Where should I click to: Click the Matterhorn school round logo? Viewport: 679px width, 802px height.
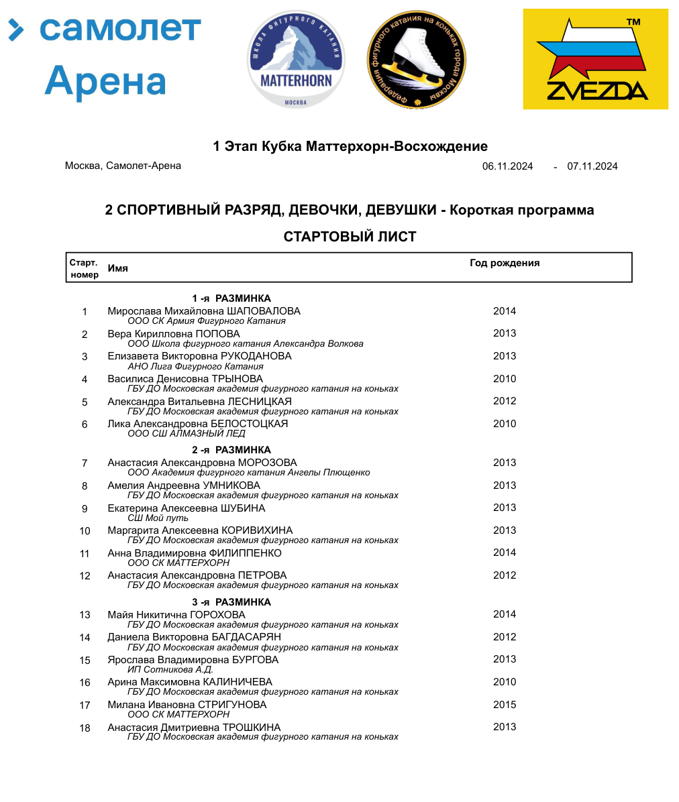pyautogui.click(x=296, y=60)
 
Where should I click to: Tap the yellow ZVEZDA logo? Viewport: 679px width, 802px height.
pyautogui.click(x=595, y=59)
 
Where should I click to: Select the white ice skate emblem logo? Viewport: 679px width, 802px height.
pyautogui.click(x=417, y=60)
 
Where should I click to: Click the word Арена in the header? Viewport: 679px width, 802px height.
pyautogui.click(x=105, y=80)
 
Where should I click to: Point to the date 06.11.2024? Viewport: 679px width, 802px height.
pyautogui.click(x=507, y=166)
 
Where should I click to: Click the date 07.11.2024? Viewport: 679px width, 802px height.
pyautogui.click(x=592, y=166)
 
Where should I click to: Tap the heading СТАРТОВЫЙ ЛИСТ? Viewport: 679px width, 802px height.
pyautogui.click(x=350, y=237)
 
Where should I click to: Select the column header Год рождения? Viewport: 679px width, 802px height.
pyautogui.click(x=505, y=263)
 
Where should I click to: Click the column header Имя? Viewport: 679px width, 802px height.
pyautogui.click(x=117, y=268)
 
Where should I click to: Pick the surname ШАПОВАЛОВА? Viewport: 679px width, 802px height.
pyautogui.click(x=264, y=311)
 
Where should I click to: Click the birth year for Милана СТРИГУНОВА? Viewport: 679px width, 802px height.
pyautogui.click(x=505, y=705)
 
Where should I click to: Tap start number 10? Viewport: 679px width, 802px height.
pyautogui.click(x=85, y=531)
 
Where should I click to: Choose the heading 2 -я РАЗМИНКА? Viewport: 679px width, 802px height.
pyautogui.click(x=231, y=450)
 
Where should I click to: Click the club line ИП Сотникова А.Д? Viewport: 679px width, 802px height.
pyautogui.click(x=170, y=669)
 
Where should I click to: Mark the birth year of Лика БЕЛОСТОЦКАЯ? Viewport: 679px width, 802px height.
pyautogui.click(x=505, y=424)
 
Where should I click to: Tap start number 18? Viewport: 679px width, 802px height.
pyautogui.click(x=85, y=728)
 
